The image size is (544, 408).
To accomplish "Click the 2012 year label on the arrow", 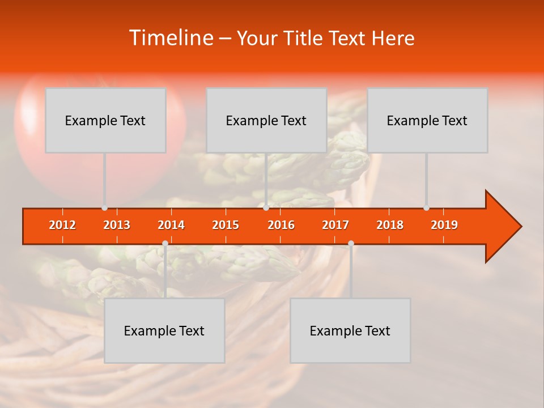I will point(62,225).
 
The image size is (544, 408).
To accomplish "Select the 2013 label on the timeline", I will point(117,225).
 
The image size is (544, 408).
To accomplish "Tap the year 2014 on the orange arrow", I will point(171,225).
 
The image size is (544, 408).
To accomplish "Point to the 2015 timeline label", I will point(226,225).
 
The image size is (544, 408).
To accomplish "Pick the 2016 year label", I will point(281,225).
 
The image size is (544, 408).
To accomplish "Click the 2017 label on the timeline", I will point(335,225).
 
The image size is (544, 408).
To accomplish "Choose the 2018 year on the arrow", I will point(390,225).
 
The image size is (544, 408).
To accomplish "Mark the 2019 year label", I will point(444,225).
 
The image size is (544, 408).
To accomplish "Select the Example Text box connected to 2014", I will point(164,330).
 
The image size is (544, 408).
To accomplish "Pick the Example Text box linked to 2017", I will point(350,330).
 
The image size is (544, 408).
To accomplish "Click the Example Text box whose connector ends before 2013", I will point(105,120).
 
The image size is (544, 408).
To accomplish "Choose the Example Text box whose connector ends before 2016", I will point(266,120).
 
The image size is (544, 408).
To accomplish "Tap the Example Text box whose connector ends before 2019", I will point(427,120).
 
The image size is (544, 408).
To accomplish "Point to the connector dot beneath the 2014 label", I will point(165,244).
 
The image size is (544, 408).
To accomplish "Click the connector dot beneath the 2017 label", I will point(351,244).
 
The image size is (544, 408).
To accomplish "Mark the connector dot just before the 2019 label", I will point(426,208).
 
